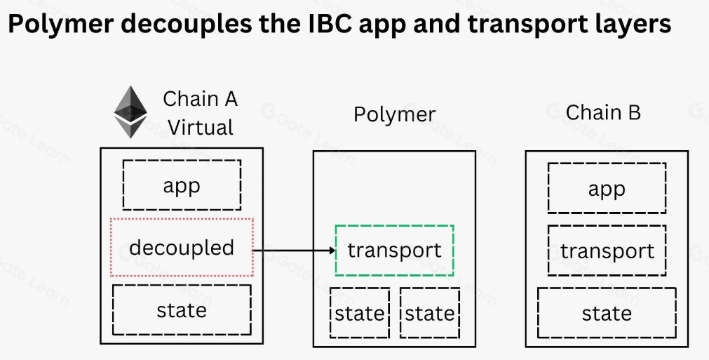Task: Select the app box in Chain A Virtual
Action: pyautogui.click(x=182, y=185)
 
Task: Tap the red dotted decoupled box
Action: pyautogui.click(x=182, y=247)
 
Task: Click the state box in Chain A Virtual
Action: pyautogui.click(x=182, y=309)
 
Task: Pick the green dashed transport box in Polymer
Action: pyautogui.click(x=394, y=250)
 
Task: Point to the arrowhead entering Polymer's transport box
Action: pyautogui.click(x=331, y=250)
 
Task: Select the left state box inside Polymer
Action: pyautogui.click(x=359, y=313)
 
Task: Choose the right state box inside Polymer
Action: pyautogui.click(x=429, y=313)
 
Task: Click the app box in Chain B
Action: pyautogui.click(x=607, y=189)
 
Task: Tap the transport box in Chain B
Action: pyautogui.click(x=607, y=251)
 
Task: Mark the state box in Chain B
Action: pyautogui.click(x=607, y=313)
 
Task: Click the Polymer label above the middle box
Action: pyautogui.click(x=394, y=114)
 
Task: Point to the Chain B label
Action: pyautogui.click(x=603, y=112)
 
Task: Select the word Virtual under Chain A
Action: pyautogui.click(x=201, y=128)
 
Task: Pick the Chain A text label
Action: pyautogui.click(x=201, y=99)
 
